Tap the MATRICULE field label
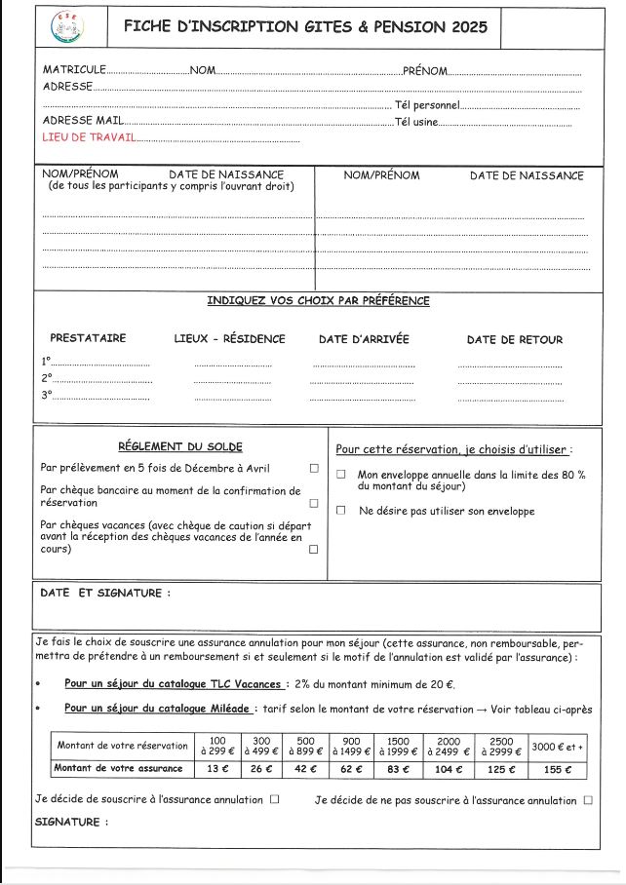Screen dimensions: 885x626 [x=73, y=70]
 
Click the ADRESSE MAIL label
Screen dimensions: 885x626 [x=83, y=121]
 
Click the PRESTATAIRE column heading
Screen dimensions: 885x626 [x=88, y=338]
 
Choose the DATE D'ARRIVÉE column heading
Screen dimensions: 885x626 [x=364, y=339]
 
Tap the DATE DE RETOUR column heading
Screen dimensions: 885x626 [x=514, y=339]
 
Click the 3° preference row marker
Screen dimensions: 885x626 [x=46, y=396]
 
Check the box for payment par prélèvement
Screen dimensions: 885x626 [x=314, y=468]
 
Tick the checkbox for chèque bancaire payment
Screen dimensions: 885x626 [x=314, y=504]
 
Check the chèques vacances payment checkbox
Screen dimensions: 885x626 [x=314, y=550]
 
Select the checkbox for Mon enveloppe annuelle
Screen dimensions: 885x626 [x=341, y=475]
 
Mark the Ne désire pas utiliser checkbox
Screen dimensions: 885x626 [x=341, y=510]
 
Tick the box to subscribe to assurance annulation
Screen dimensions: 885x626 [x=275, y=800]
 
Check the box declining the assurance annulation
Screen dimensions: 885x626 [x=587, y=800]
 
